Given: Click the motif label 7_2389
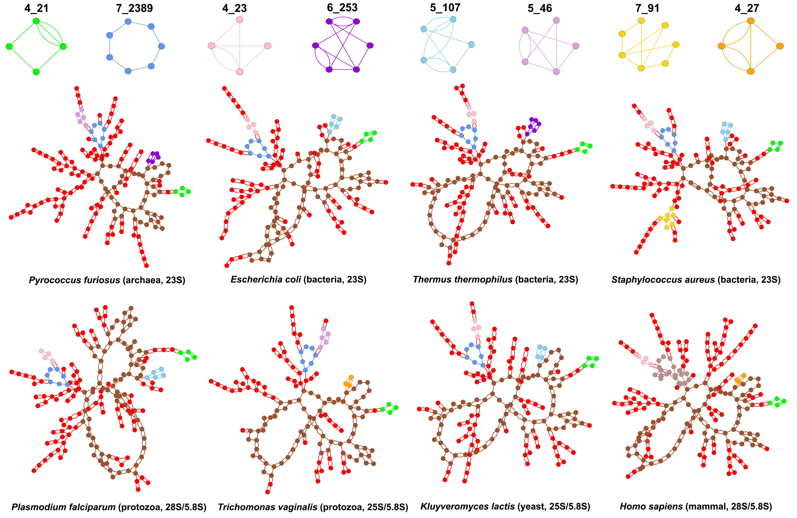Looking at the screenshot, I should pyautogui.click(x=134, y=8).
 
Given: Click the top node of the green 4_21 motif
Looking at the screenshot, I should pyautogui.click(x=36, y=21).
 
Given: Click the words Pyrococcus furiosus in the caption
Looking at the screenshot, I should pyautogui.click(x=74, y=280).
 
